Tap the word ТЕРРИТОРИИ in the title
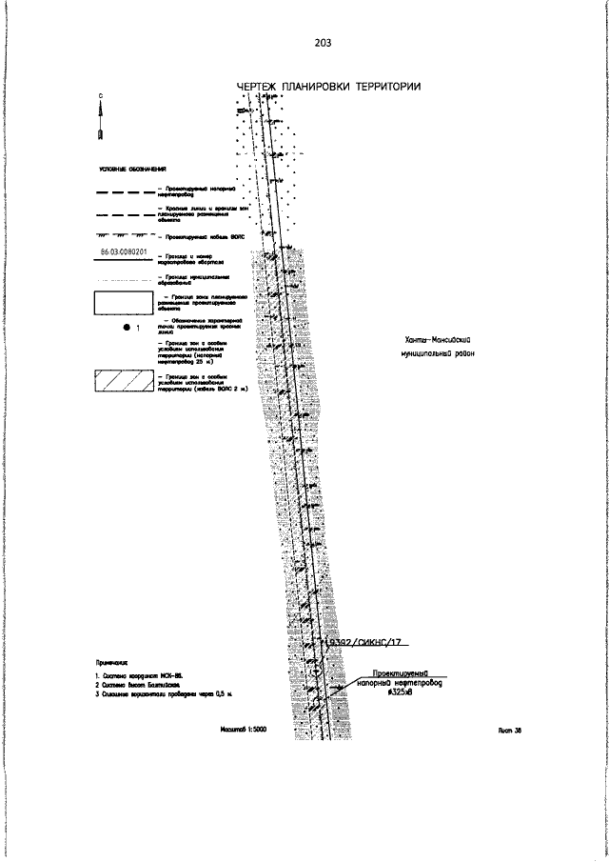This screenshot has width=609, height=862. (388, 88)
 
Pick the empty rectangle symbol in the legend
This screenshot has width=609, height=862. (123, 303)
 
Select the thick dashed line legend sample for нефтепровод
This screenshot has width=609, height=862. (123, 191)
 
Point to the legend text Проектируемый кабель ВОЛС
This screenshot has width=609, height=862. (198, 234)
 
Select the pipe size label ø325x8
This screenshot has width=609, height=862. (400, 692)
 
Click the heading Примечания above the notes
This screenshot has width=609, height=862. (111, 660)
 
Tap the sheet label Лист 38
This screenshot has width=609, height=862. (510, 732)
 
